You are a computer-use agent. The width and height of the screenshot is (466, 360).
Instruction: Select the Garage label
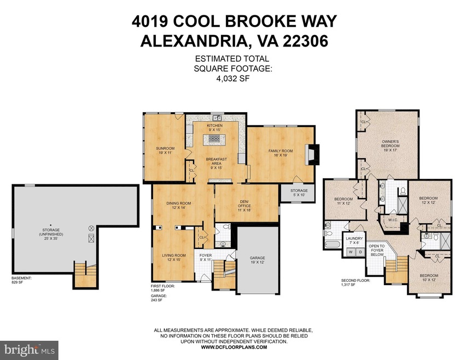click(257, 258)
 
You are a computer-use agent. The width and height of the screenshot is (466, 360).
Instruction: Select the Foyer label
click(206, 256)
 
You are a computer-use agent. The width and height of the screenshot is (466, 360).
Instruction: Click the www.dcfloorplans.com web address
click(233, 347)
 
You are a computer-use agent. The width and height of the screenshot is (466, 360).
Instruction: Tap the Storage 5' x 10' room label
click(299, 193)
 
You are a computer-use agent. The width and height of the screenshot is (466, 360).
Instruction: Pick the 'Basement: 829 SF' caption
click(21, 280)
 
